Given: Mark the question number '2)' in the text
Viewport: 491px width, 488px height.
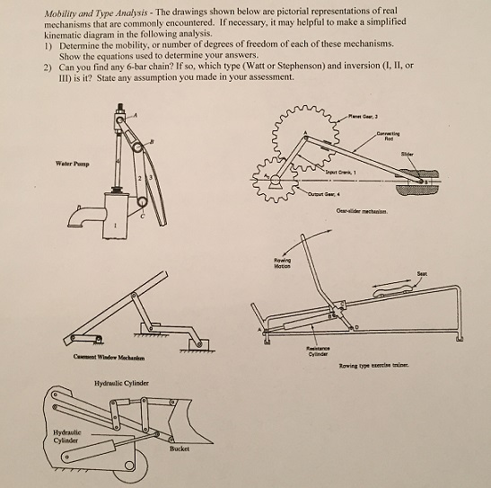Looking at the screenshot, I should (46, 67).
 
